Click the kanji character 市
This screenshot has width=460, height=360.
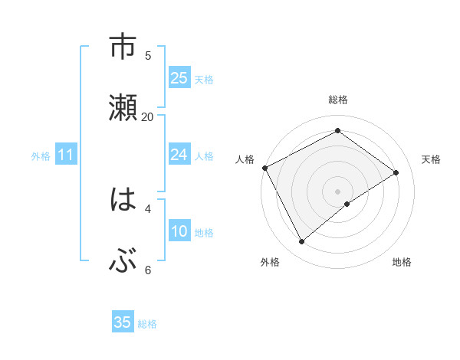(123, 47)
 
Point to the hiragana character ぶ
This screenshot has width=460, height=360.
(123, 261)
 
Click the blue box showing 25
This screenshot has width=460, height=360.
(179, 78)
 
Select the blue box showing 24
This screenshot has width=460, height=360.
(179, 155)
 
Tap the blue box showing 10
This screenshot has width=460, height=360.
(179, 231)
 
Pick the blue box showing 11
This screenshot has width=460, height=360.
(66, 155)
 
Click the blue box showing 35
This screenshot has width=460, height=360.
(123, 322)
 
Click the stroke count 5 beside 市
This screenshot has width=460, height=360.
(148, 55)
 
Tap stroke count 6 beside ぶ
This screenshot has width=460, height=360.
(148, 270)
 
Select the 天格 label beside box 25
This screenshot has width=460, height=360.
(204, 80)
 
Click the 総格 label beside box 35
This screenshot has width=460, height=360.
(147, 324)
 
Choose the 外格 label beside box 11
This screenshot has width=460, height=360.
(41, 156)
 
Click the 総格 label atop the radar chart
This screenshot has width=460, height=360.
(338, 100)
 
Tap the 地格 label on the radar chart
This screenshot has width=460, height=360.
(402, 262)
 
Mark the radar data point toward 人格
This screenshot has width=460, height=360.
(264, 168)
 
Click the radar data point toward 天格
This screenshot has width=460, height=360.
(396, 172)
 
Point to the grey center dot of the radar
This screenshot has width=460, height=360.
(338, 191)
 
